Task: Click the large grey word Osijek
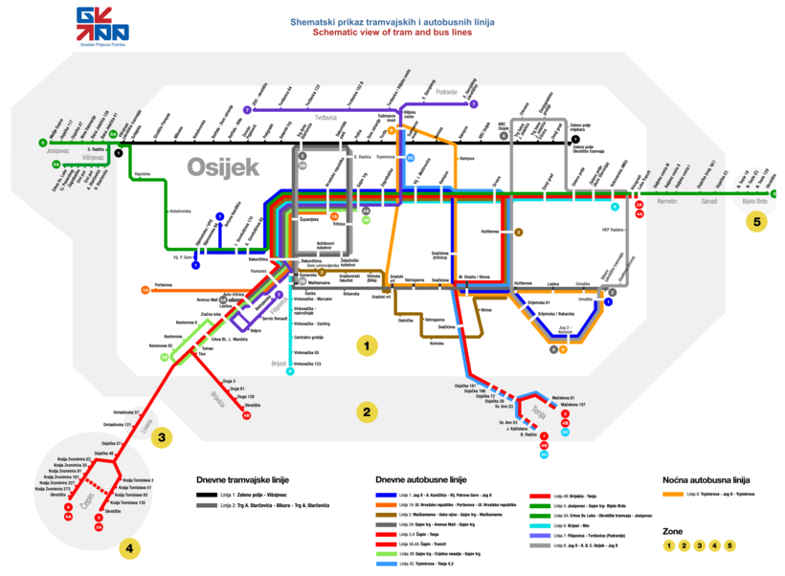pos(223,167)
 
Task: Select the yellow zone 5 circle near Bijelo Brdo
pos(757,222)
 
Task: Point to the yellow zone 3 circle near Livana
pos(164,438)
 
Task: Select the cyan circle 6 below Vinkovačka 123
pos(290,371)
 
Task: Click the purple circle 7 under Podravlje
pos(473,104)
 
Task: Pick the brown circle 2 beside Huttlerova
pos(519,232)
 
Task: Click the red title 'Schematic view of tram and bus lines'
pos(392,32)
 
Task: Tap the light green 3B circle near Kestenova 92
pos(165,358)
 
